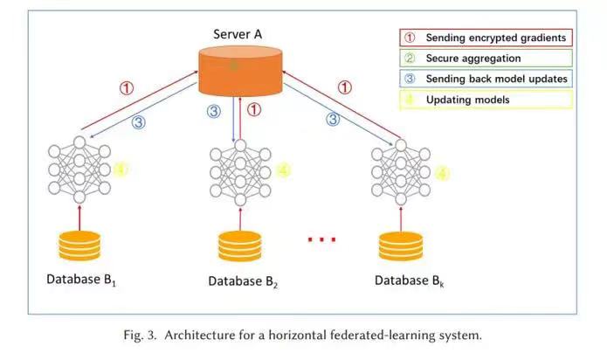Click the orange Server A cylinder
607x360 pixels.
coord(240,71)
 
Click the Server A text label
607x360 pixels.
coord(238,34)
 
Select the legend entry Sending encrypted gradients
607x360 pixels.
coord(486,38)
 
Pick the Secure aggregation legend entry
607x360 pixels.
coord(486,58)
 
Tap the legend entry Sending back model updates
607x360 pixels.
coord(486,79)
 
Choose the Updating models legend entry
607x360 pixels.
coord(486,100)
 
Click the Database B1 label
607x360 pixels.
coord(81,280)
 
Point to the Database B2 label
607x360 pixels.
coord(243,281)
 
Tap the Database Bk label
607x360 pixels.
coord(410,280)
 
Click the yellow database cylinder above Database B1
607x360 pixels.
coord(79,246)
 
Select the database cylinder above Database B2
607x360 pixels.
coord(240,246)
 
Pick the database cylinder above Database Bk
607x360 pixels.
coord(401,246)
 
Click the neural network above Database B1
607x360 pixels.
coord(79,170)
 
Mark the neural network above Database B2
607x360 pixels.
coord(240,172)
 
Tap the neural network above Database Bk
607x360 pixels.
coord(401,172)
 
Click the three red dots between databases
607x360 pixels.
coord(321,239)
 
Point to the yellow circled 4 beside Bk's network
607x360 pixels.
coord(442,173)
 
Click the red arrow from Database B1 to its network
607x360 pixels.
coord(79,218)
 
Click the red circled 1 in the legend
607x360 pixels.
coord(410,38)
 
